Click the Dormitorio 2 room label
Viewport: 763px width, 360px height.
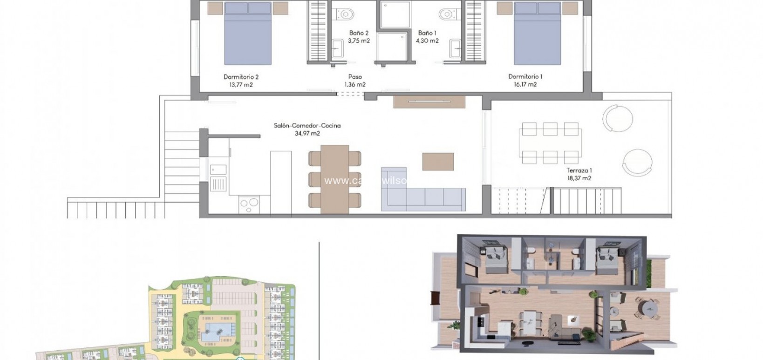[241, 77]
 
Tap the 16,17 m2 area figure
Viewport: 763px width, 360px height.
[525, 85]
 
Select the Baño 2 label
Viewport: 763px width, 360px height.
[359, 33]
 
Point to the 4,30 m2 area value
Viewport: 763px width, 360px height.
[427, 41]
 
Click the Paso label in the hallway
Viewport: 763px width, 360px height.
[355, 77]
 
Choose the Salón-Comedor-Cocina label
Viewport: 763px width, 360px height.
[307, 126]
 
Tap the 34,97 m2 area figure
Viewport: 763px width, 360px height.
[307, 134]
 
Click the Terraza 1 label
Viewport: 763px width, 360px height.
[579, 170]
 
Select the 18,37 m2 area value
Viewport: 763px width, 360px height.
[579, 178]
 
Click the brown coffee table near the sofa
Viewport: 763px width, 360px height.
[438, 162]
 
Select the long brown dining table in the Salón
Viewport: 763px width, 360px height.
[334, 178]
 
